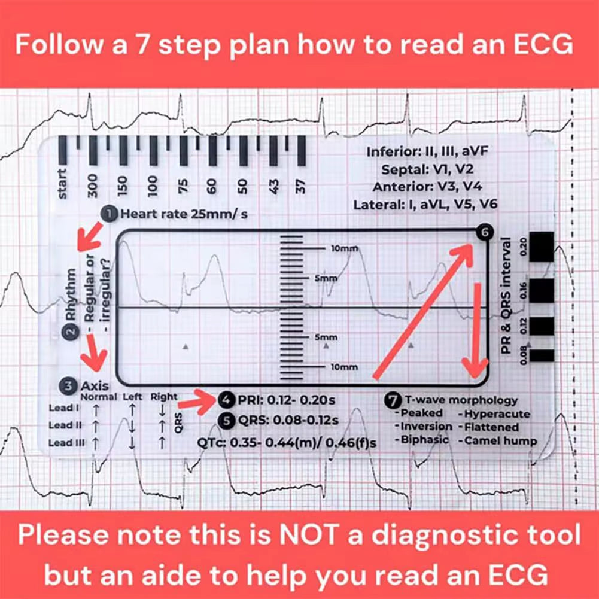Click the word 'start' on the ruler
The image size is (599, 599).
coord(63,183)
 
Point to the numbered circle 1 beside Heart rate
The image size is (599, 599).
coord(111,214)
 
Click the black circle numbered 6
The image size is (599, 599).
coord(484,233)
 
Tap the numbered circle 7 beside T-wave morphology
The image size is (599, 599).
coord(393,400)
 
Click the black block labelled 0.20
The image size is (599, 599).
coord(542,246)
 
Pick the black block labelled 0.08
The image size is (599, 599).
coord(542,355)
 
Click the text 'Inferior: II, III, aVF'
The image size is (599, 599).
coord(428,152)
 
